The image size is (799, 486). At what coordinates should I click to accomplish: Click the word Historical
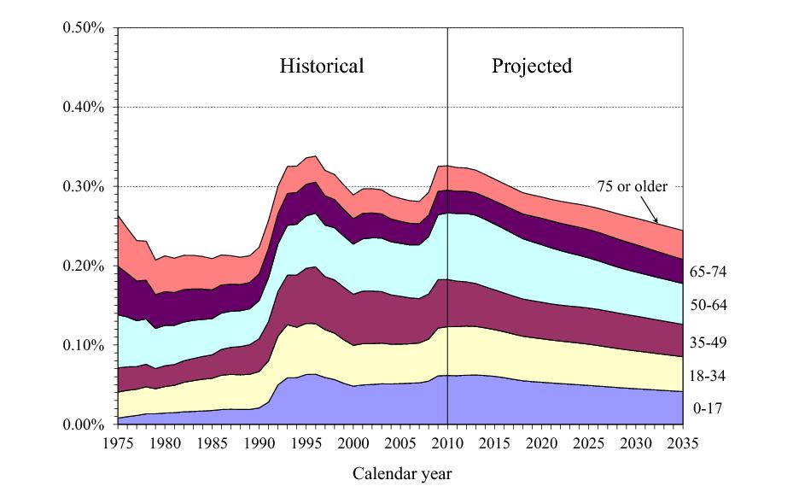tap(322, 66)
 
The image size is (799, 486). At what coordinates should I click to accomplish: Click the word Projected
tap(531, 66)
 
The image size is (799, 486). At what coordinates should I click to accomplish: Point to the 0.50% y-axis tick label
tap(84, 27)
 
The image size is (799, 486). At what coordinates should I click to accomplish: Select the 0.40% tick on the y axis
tap(84, 107)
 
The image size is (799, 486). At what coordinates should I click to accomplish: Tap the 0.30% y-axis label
tap(84, 186)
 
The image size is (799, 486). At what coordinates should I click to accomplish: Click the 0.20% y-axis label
tap(84, 266)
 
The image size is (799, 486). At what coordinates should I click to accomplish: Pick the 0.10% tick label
tap(84, 345)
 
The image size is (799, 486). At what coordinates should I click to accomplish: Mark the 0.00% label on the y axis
tap(84, 425)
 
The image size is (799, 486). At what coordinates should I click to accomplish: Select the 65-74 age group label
tap(708, 272)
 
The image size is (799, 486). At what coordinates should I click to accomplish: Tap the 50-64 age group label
tap(708, 306)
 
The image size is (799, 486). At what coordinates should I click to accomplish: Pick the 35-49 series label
tap(708, 342)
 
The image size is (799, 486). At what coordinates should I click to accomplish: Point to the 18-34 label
tap(708, 376)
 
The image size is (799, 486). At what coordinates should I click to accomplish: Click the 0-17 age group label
tap(708, 408)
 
